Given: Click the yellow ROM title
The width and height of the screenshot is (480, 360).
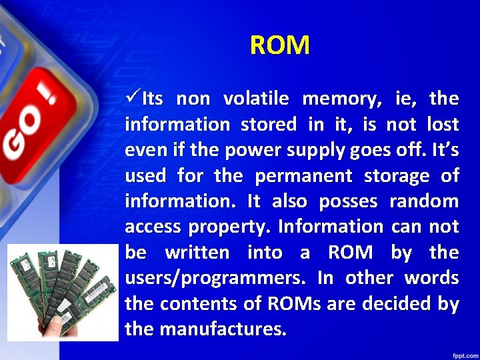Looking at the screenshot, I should coord(280,46).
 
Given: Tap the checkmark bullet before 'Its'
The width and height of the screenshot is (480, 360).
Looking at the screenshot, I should coord(133,99).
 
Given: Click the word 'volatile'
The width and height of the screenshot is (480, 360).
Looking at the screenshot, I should coord(256,99).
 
